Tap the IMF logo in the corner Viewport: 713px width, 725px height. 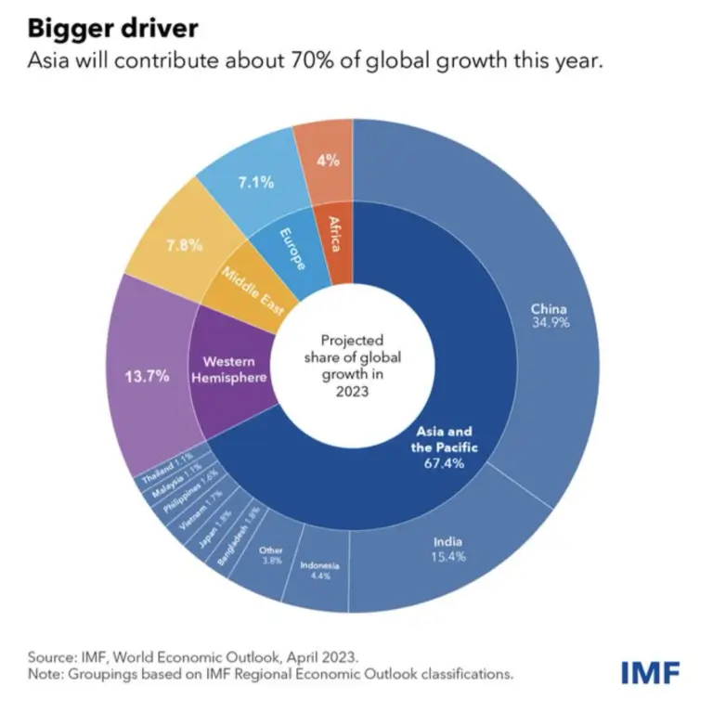650,670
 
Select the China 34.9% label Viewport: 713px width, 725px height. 549,316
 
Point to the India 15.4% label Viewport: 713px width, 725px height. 447,549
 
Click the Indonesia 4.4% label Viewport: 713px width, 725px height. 319,571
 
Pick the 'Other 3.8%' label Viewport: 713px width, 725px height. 271,555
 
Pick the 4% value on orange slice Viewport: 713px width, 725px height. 328,159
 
